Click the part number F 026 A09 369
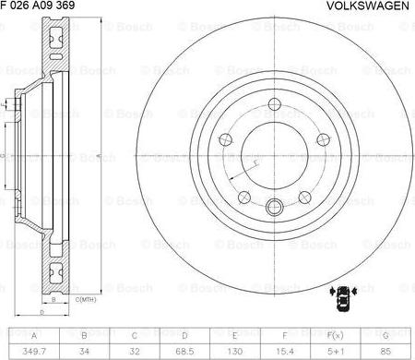pos(39,6)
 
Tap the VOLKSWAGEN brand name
pos(368,6)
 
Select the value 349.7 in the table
pos(35,351)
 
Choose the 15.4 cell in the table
pos(284,351)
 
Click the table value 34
pos(85,351)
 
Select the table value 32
pos(135,351)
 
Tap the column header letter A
pos(35,336)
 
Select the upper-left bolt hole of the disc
pos(225,140)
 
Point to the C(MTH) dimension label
pos(84,300)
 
